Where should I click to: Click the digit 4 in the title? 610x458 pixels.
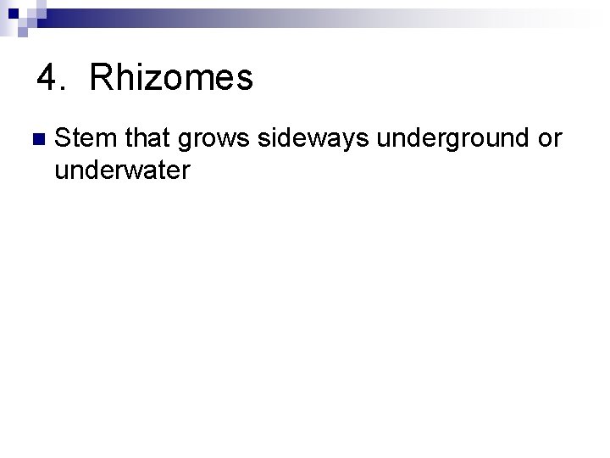(48, 79)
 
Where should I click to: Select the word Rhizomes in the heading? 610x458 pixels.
(170, 79)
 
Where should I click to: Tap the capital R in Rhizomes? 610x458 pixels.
(100, 79)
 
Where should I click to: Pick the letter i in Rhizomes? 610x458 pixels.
(134, 79)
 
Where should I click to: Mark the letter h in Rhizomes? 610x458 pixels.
(120, 79)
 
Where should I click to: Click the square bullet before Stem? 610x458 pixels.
(36, 138)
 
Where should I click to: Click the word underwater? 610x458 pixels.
(122, 170)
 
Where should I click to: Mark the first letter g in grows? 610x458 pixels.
(185, 142)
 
